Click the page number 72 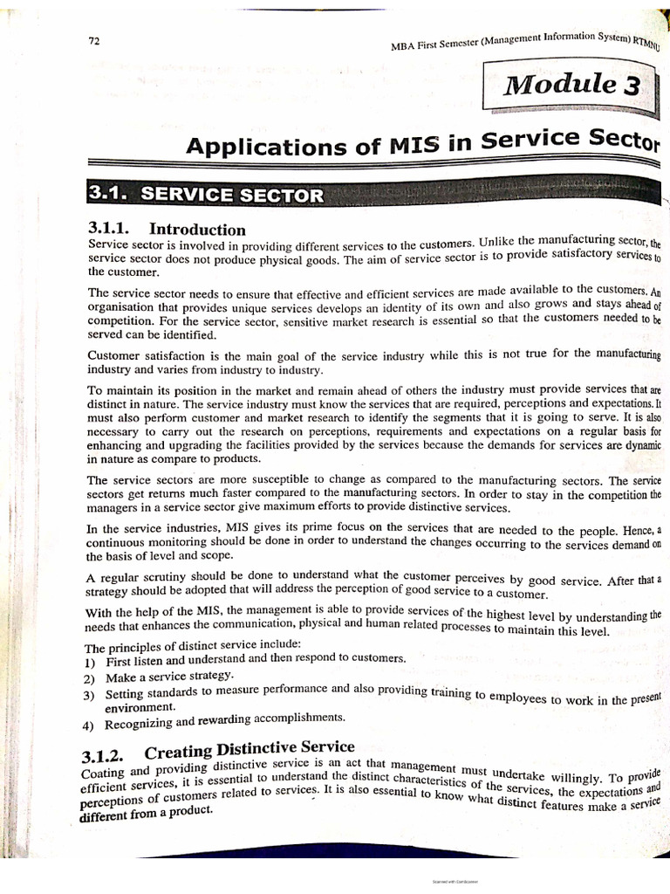(94, 42)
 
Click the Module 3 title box (573, 86)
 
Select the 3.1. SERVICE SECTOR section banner (206, 194)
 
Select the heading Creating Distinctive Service (250, 748)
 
